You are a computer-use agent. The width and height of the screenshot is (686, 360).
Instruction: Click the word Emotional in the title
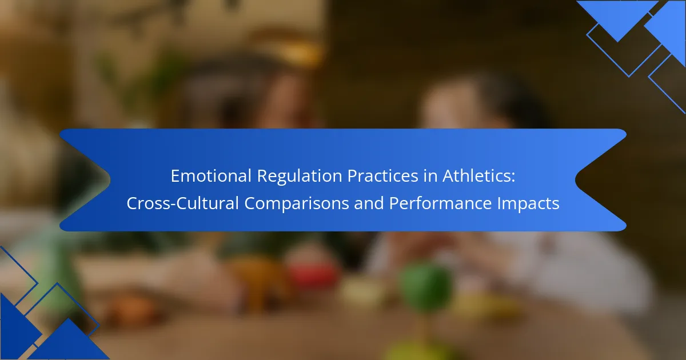click(x=211, y=176)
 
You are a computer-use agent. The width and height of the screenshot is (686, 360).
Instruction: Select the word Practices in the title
click(x=382, y=176)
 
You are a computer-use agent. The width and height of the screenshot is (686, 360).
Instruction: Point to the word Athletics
click(x=476, y=176)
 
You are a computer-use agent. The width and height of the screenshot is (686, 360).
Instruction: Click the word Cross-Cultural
click(x=182, y=203)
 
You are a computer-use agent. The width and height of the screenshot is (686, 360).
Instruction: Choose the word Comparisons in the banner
click(x=297, y=203)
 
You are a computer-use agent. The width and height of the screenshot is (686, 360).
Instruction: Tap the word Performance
click(x=440, y=203)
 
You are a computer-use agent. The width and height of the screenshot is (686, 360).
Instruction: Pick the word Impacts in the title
click(x=528, y=203)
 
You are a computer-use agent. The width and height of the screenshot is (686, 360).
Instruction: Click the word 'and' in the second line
click(x=369, y=203)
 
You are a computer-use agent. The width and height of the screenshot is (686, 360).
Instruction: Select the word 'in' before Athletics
click(x=430, y=176)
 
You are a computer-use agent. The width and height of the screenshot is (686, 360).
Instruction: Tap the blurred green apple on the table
click(x=426, y=287)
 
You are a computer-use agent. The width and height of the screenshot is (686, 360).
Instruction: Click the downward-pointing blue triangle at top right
click(x=617, y=19)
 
